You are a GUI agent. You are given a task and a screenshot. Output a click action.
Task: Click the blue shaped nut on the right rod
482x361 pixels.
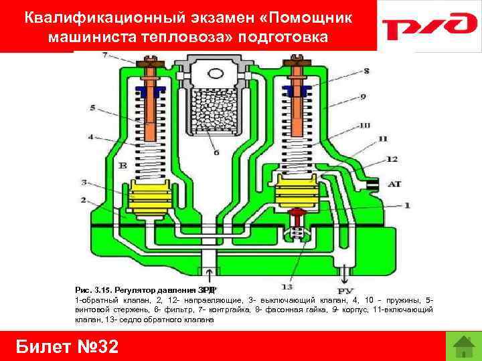click(x=295, y=90)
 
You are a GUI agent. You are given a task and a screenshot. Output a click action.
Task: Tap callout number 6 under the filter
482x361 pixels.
click(x=216, y=152)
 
